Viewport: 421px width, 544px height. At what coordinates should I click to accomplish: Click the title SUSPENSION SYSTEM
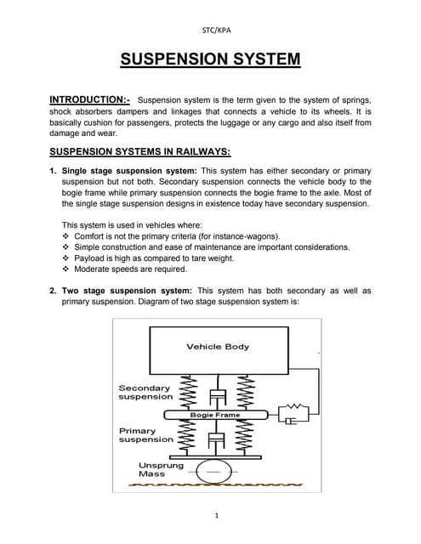[210, 59]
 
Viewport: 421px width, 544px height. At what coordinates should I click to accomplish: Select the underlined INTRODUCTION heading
[89, 99]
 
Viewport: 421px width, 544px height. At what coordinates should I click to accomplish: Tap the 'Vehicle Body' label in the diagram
[218, 346]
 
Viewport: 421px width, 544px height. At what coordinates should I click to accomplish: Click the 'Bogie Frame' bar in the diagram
[214, 415]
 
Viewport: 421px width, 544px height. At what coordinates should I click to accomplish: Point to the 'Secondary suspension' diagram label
[145, 392]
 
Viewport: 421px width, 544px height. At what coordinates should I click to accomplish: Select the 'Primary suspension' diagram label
[145, 435]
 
